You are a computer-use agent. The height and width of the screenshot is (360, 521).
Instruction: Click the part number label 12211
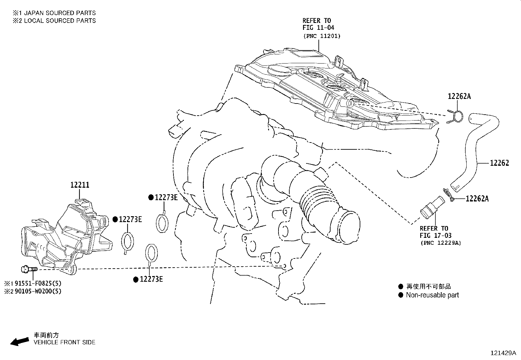point(80,185)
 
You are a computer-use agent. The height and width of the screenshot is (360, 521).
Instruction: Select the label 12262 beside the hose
point(499,163)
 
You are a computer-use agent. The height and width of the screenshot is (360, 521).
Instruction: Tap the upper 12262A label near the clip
point(459,96)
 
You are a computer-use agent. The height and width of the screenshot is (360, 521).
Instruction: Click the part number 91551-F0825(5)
point(38,283)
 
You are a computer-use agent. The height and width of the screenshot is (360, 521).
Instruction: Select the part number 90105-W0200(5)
point(38,291)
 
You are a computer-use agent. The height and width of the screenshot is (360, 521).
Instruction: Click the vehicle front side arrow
point(19,341)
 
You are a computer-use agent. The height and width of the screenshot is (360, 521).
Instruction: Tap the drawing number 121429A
point(503,353)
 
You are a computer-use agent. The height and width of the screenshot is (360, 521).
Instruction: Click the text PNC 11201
point(321,36)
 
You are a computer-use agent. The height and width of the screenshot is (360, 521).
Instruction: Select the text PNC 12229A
point(440,243)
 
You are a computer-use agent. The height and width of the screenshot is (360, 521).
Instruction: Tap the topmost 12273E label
point(166,197)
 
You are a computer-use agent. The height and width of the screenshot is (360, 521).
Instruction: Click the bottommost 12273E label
point(151,279)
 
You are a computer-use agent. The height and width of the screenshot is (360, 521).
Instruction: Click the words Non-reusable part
point(432,295)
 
